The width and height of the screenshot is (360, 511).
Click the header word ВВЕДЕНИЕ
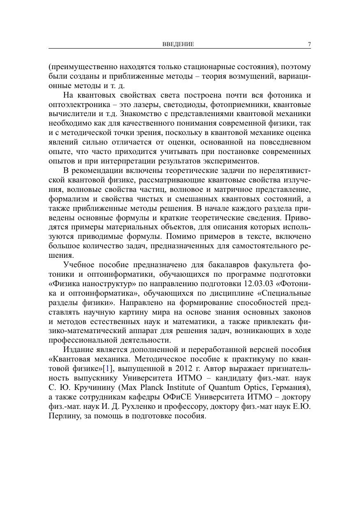click(178, 44)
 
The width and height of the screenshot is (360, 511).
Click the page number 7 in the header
click(309, 44)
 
